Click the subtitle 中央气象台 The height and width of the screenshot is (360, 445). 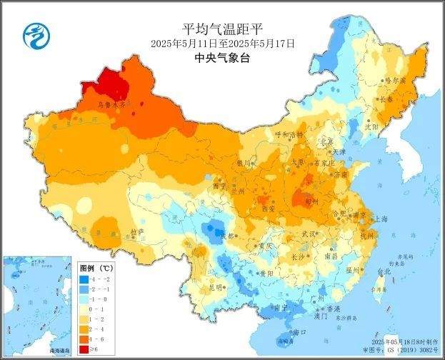222,60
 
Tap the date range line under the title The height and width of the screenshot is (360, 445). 222,44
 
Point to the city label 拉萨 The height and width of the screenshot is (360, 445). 137,233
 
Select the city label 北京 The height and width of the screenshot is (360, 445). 326,141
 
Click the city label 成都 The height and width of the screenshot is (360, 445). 226,236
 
